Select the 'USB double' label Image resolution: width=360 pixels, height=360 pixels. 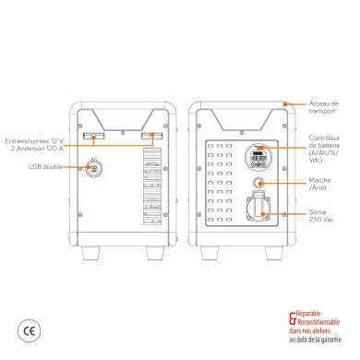45,167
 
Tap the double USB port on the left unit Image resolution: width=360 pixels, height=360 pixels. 92,167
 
